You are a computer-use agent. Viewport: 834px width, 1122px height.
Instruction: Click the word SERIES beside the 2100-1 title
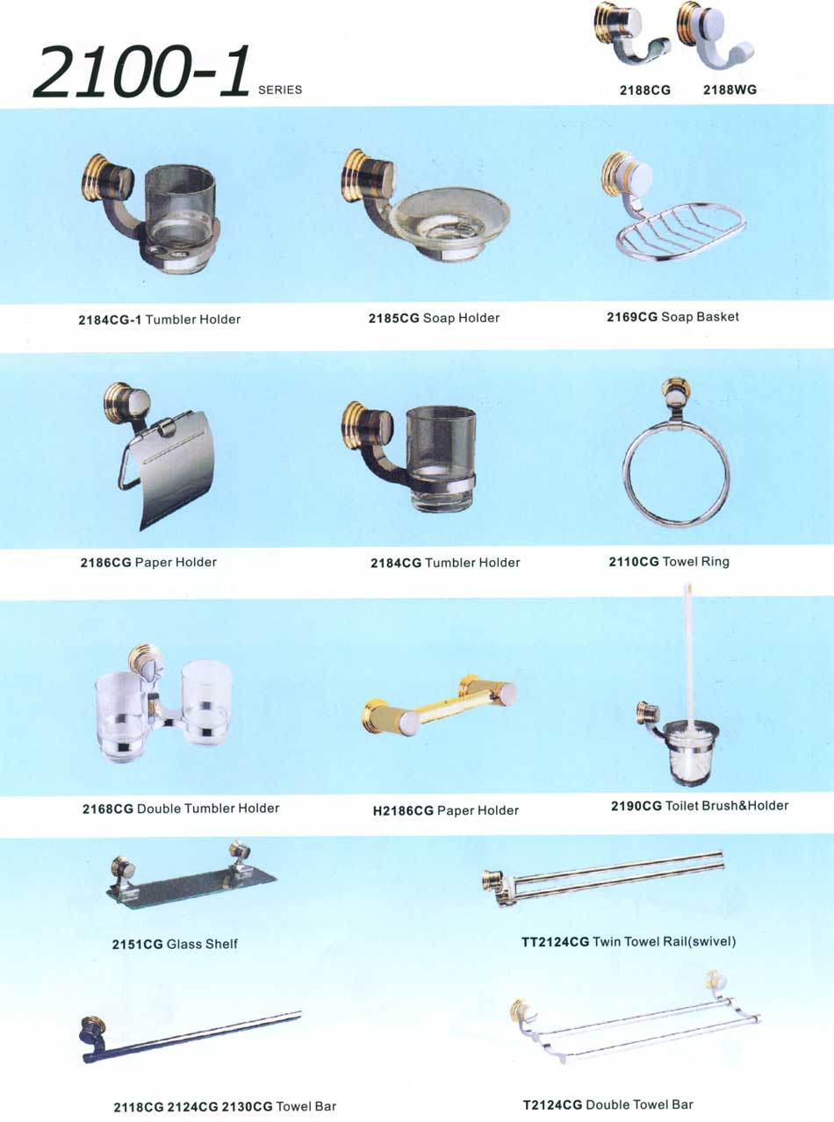click(280, 90)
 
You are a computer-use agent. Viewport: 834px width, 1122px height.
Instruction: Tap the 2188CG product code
click(644, 90)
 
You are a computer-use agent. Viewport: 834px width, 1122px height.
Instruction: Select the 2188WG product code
click(730, 90)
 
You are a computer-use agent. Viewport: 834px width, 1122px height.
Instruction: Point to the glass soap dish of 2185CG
click(449, 219)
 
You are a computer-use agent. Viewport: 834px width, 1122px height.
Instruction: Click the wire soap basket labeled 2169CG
click(680, 230)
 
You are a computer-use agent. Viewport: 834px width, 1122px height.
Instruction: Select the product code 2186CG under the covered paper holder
click(105, 563)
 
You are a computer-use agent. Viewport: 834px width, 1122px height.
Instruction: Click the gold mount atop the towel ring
click(676, 393)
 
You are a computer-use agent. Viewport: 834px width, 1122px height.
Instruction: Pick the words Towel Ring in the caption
click(696, 562)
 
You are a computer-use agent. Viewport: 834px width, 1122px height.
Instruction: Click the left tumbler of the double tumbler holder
click(119, 716)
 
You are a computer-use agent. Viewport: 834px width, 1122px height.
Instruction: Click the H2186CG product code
click(403, 811)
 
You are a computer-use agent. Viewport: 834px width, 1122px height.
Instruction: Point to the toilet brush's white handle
click(688, 652)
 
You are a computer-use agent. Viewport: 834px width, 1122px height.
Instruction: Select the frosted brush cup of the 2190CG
click(691, 754)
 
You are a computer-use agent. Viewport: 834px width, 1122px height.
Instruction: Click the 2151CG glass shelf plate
click(191, 888)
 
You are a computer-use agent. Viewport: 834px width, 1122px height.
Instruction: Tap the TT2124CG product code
click(555, 942)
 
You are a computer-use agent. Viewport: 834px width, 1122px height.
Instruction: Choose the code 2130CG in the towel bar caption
click(247, 1107)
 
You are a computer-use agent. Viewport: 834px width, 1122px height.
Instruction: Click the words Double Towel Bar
click(640, 1104)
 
